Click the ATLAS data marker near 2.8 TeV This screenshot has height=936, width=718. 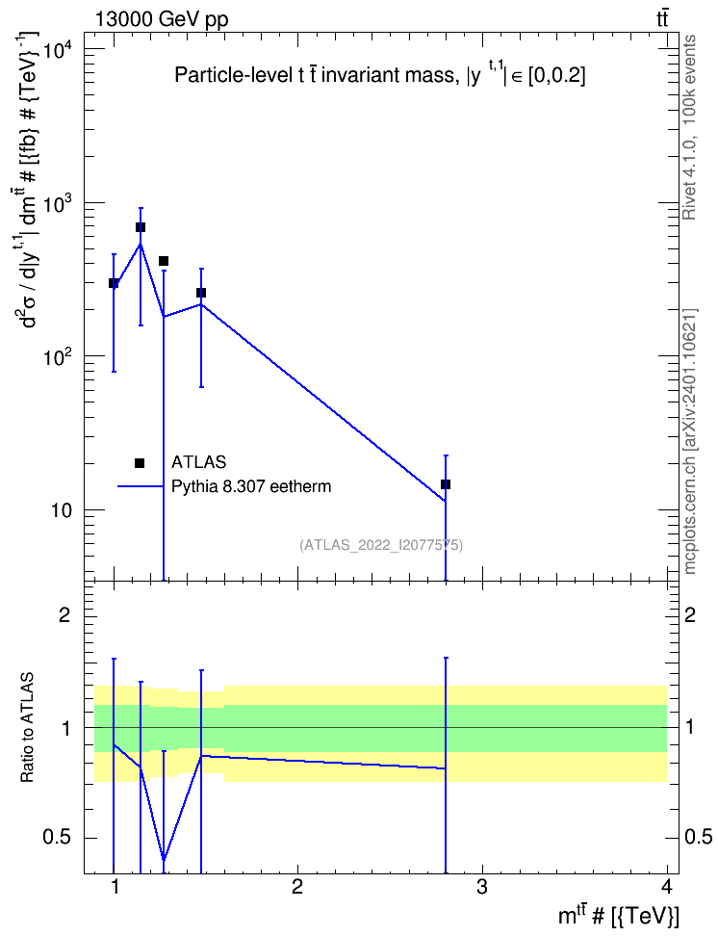coord(446,484)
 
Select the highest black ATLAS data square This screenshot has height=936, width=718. coord(141,227)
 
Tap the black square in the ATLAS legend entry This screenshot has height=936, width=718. coord(140,462)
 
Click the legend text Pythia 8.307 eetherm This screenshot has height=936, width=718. coord(251,486)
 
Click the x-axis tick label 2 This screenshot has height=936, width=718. coord(297,887)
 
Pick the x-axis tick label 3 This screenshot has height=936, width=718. coord(481,887)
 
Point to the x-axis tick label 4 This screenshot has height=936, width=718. coord(667,887)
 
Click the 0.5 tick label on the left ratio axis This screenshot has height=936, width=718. coord(59,838)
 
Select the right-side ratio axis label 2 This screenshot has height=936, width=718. coord(690,614)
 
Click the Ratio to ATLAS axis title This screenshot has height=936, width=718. coord(27,727)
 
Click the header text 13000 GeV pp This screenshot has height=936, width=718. coord(161,19)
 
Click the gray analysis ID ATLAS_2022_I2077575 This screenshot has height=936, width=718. coord(381,544)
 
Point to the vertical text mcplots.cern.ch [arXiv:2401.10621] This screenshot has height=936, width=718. coord(690,442)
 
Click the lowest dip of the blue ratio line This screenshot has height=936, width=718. coord(164,860)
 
